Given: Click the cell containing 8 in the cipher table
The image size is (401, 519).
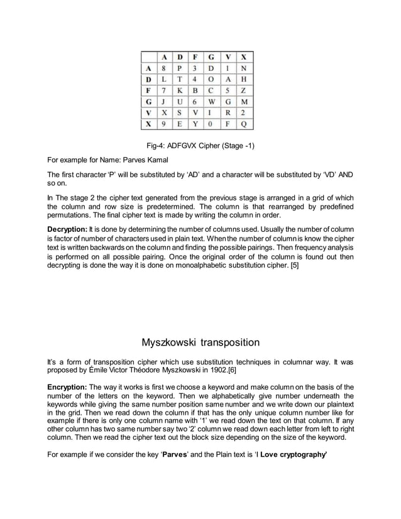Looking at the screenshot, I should pyautogui.click(x=165, y=69).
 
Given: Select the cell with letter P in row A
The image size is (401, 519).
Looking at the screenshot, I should pyautogui.click(x=182, y=69).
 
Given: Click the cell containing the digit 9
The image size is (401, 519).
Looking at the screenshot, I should pyautogui.click(x=165, y=124).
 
